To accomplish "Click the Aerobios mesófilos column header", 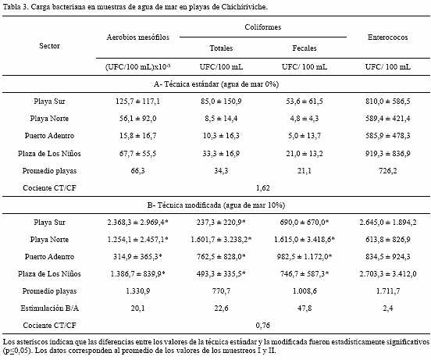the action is tap(137, 37).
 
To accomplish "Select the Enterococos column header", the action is tap(387, 37).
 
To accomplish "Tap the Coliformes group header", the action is tap(263, 27).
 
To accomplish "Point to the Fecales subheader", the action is tap(305, 48).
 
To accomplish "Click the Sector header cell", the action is tap(49, 45).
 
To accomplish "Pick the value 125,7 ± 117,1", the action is tap(137, 102).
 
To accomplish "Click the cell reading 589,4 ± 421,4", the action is tap(387, 119).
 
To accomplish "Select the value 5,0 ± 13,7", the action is tap(305, 136).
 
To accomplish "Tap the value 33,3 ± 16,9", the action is tap(221, 153).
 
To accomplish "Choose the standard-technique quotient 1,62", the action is tap(263, 188).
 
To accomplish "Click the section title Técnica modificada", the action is tap(216, 205).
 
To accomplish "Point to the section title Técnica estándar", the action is tap(216, 84).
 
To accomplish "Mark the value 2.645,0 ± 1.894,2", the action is tap(387, 223).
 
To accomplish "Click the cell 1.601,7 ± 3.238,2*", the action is tap(221, 240).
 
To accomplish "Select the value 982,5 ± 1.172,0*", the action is tap(305, 257).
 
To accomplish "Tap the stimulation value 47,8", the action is tap(305, 308).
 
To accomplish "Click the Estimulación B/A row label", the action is tap(49, 308).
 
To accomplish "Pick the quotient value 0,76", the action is tap(263, 326).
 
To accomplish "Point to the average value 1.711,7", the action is tap(387, 291).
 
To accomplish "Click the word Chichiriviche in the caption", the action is tap(244, 7).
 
